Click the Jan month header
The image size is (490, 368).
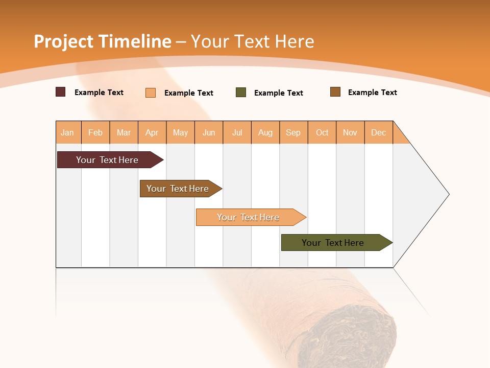click(x=68, y=132)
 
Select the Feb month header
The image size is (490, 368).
click(x=95, y=132)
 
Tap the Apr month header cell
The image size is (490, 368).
click(x=152, y=132)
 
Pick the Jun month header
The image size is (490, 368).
click(x=209, y=132)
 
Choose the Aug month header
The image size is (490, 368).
click(x=265, y=132)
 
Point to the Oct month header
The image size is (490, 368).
click(x=322, y=132)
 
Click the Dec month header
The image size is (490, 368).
click(x=379, y=132)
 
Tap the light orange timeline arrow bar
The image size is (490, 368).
click(x=249, y=217)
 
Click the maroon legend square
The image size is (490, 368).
click(x=61, y=92)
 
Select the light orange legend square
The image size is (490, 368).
click(x=151, y=93)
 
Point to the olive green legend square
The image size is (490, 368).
click(x=241, y=93)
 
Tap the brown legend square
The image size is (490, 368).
click(x=335, y=92)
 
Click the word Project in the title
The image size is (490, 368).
click(x=63, y=41)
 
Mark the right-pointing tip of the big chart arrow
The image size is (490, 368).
click(x=448, y=194)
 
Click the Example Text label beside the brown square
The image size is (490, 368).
click(x=372, y=93)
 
